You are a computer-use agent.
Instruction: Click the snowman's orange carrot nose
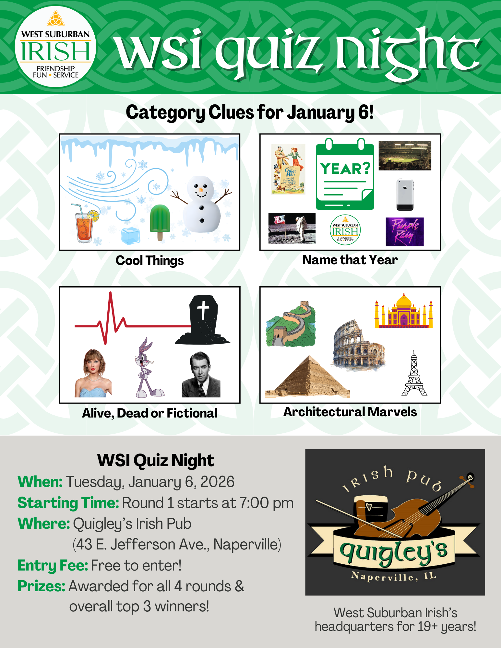click(x=201, y=190)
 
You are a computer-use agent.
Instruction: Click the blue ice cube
click(x=130, y=236)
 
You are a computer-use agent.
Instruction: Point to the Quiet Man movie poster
click(x=288, y=169)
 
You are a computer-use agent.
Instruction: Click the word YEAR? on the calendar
click(x=345, y=169)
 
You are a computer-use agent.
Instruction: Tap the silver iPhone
click(x=405, y=195)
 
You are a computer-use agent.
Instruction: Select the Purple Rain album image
click(x=404, y=231)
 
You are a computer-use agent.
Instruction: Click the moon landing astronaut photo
click(x=292, y=228)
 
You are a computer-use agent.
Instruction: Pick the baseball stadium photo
click(x=405, y=156)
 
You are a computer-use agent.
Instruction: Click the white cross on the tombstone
click(x=203, y=310)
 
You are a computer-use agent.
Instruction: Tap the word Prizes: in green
click(x=41, y=586)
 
